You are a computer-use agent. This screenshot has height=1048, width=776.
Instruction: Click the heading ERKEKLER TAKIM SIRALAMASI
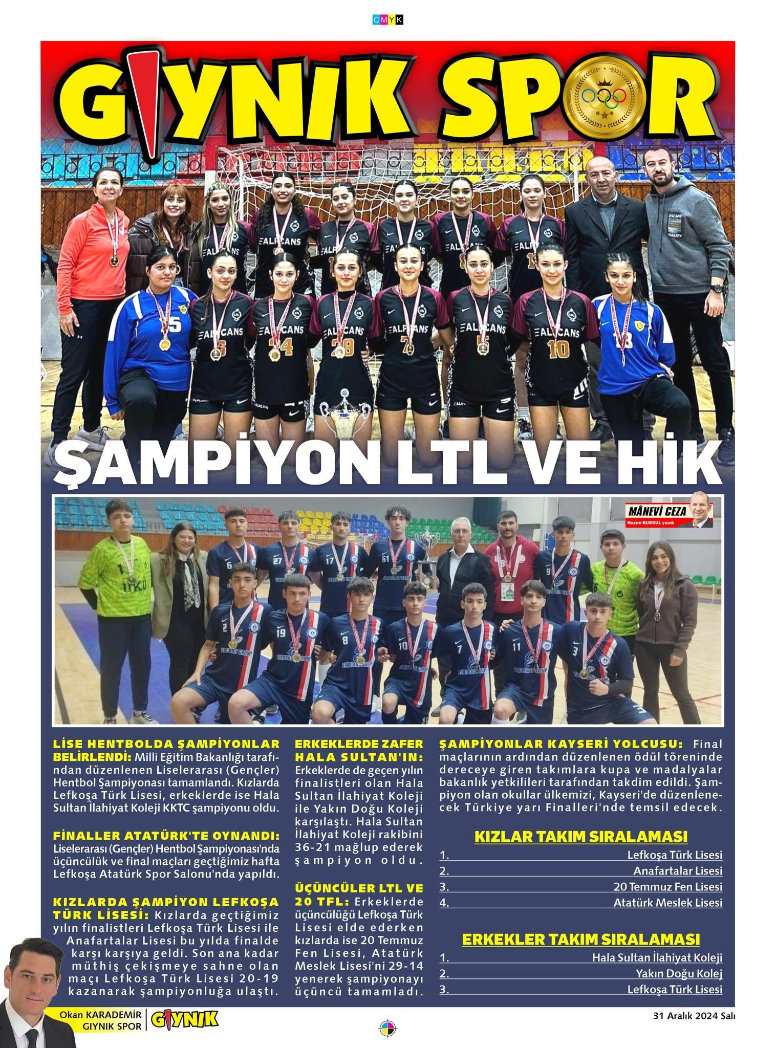(580, 925)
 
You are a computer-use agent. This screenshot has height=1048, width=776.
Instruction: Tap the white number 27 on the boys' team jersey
(278, 561)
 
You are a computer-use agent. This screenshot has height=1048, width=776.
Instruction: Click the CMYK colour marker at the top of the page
(388, 19)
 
